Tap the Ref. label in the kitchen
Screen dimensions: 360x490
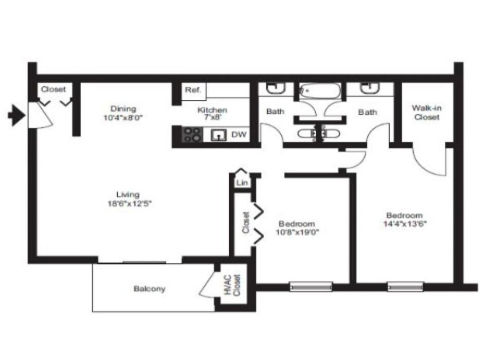[193, 90]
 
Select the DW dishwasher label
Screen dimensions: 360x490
[239, 135]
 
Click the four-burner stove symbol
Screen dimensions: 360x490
[193, 135]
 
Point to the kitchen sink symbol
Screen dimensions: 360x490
[220, 135]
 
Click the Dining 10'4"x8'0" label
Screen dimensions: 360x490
[123, 113]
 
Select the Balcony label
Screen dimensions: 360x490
[150, 289]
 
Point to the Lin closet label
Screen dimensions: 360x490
[241, 183]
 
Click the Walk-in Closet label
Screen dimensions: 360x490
[426, 113]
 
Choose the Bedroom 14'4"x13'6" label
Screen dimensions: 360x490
[405, 220]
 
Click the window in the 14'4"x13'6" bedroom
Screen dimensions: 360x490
[405, 286]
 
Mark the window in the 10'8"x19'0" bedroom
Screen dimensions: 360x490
[311, 286]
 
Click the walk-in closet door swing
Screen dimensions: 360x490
[431, 162]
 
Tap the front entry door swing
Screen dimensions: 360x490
[39, 115]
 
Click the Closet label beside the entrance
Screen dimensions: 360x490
[53, 89]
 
